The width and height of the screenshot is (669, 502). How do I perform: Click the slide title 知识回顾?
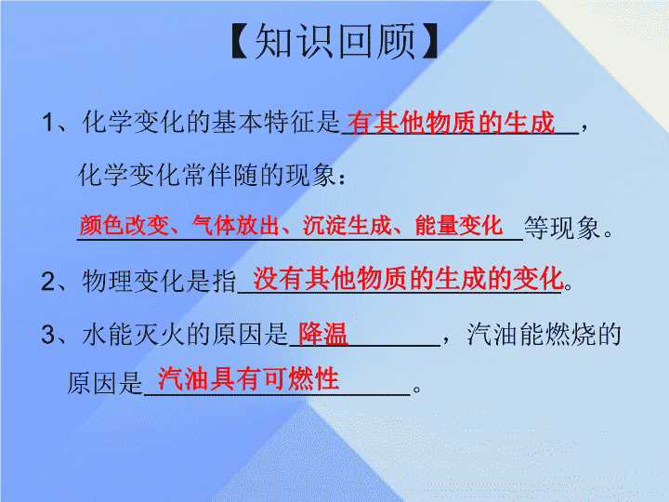pyautogui.click(x=334, y=42)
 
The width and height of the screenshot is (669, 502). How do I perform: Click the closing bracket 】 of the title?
pyautogui.click(x=429, y=42)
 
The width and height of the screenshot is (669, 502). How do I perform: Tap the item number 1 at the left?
pyautogui.click(x=47, y=122)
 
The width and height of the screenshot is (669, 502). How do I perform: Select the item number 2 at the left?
pyautogui.click(x=48, y=282)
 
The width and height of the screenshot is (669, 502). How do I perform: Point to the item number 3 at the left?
pyautogui.click(x=48, y=335)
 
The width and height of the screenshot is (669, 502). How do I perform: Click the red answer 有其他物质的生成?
pyautogui.click(x=451, y=123)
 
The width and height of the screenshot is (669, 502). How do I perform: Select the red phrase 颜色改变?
pyautogui.click(x=125, y=225)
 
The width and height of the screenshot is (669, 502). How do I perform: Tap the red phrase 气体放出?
pyautogui.click(x=235, y=225)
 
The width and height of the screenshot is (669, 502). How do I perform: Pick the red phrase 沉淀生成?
pyautogui.click(x=347, y=225)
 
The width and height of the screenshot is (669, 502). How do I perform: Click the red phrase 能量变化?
pyautogui.click(x=459, y=225)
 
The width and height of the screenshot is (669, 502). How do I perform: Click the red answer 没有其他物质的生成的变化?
pyautogui.click(x=408, y=278)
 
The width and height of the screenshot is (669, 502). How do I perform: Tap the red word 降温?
pyautogui.click(x=323, y=334)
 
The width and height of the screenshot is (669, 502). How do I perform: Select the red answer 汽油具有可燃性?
pyautogui.click(x=248, y=378)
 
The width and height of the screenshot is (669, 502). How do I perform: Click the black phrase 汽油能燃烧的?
pyautogui.click(x=544, y=335)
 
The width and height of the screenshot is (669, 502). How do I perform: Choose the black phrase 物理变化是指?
pyautogui.click(x=159, y=282)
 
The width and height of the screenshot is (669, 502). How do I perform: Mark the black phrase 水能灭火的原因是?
pyautogui.click(x=185, y=335)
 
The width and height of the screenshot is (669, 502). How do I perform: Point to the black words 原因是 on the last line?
pyautogui.click(x=105, y=383)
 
